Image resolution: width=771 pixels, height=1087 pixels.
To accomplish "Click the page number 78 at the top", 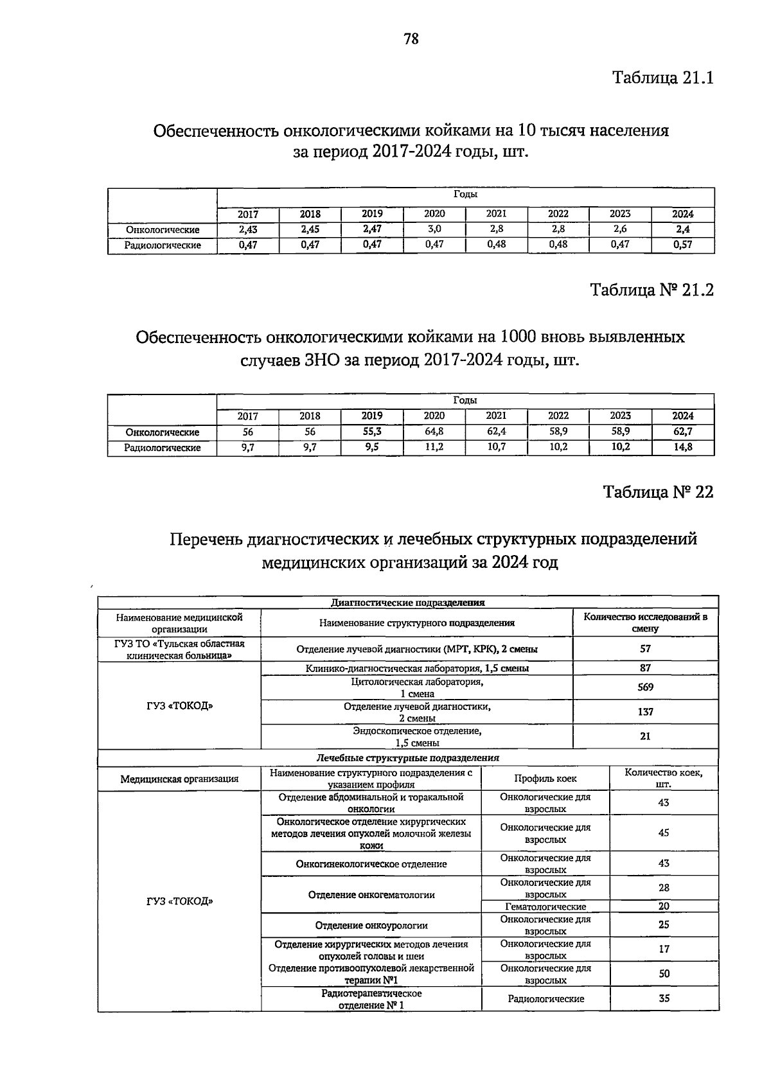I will click(x=411, y=40).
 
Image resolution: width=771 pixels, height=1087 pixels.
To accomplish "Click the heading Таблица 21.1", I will click(x=662, y=78).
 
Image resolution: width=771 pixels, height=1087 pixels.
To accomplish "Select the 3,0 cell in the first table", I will click(x=434, y=229).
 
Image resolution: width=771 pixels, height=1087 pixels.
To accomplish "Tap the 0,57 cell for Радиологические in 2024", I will click(x=682, y=245).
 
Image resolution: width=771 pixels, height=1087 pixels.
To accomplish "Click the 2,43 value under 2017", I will click(x=248, y=229).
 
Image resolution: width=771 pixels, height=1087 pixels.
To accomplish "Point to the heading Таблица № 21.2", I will click(x=651, y=290).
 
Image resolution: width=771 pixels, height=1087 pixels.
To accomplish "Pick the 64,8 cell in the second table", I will click(x=434, y=432).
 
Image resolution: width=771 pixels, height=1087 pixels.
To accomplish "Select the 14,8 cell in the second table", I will click(x=682, y=447).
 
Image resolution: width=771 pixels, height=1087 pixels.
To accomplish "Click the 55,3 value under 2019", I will click(x=372, y=432).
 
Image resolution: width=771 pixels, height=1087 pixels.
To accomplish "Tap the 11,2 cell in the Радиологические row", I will click(x=434, y=447).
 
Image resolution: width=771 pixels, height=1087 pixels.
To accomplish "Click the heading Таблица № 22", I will click(x=657, y=492).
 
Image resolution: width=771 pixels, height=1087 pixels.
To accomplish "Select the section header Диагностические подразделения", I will click(x=407, y=603).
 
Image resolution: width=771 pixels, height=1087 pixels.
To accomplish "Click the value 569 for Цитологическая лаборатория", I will click(x=645, y=687).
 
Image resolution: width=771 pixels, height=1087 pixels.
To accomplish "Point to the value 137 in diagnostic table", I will click(x=645, y=712).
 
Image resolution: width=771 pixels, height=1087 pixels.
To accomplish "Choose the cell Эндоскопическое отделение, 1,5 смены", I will click(x=417, y=737).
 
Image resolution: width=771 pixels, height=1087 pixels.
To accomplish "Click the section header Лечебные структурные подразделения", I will click(x=407, y=758).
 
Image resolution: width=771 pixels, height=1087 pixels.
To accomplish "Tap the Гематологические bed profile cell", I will click(x=545, y=906).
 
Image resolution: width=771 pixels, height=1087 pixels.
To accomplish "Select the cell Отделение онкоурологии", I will click(x=371, y=925).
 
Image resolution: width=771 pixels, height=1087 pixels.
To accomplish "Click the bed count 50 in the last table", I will click(x=664, y=974).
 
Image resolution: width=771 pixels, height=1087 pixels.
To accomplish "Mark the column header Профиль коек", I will click(x=545, y=779).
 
